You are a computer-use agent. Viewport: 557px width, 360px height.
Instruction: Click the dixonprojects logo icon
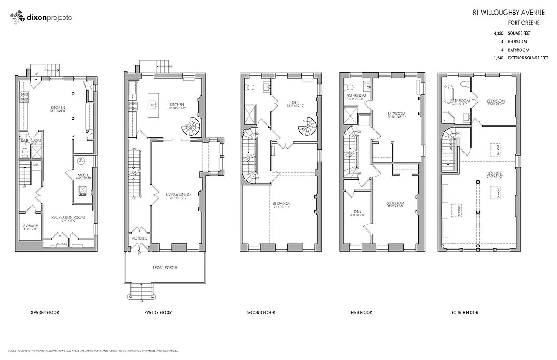17,18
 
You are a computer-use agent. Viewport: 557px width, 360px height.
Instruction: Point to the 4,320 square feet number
498,33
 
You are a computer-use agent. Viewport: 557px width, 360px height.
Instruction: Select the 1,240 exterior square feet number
498,58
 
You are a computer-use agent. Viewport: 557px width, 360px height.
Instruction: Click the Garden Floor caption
44,312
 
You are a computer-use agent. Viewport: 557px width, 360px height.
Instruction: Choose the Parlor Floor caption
158,312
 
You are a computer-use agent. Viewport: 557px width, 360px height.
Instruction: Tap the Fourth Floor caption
465,312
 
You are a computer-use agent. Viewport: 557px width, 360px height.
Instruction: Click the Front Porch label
164,268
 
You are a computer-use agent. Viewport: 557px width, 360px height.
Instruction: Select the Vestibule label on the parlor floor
138,237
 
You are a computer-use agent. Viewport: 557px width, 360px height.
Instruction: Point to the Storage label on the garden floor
30,226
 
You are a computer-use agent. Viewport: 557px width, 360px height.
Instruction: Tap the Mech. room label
83,175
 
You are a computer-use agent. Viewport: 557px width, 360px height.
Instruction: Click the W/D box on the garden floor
36,166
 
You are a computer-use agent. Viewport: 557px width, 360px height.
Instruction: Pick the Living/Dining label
178,194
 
